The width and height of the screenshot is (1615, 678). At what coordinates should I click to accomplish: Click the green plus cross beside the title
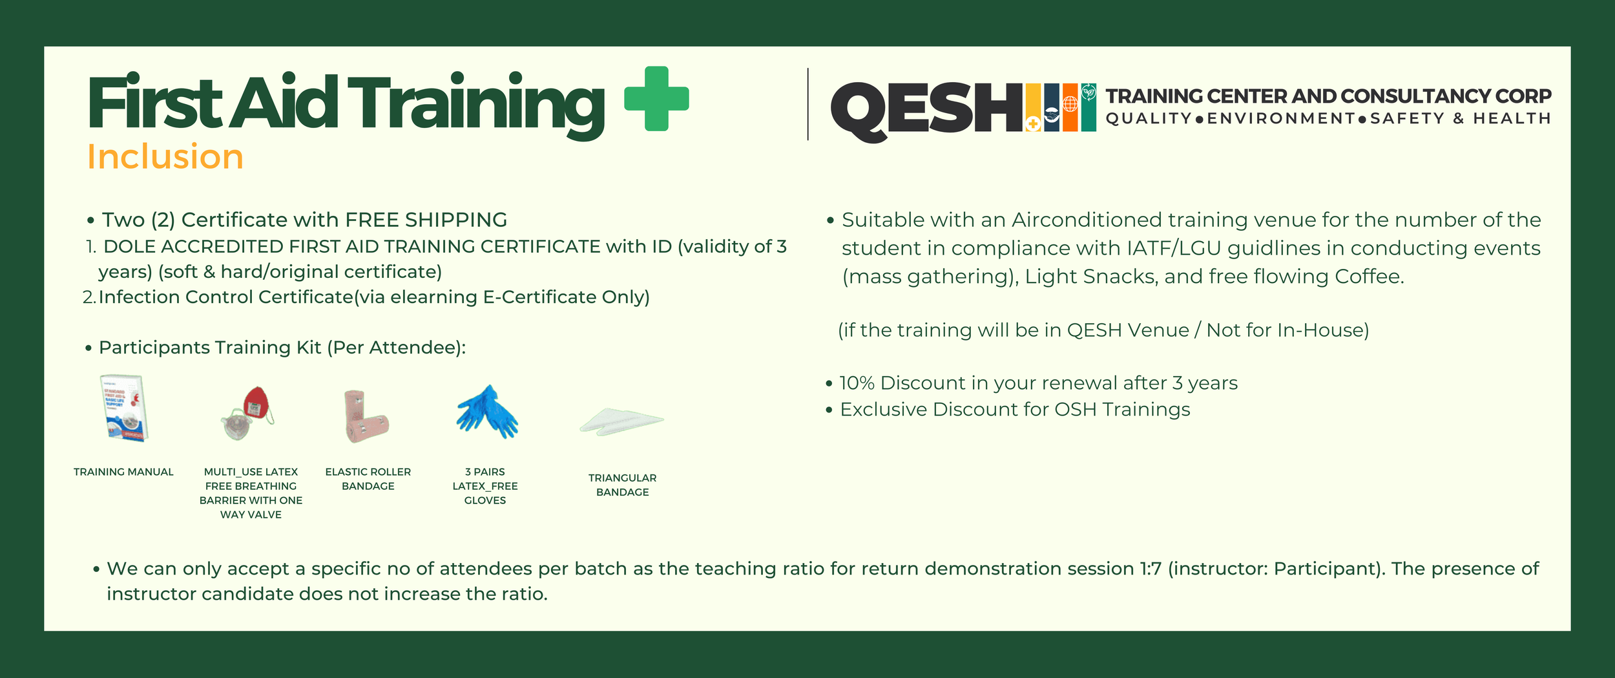coord(656,99)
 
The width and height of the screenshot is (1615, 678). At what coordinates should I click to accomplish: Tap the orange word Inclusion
coord(165,157)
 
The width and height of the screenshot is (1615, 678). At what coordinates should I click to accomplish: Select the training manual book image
coord(125,408)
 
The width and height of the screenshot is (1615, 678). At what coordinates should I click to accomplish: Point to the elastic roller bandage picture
coord(366,417)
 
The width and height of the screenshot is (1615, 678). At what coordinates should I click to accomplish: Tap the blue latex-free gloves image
coord(486,412)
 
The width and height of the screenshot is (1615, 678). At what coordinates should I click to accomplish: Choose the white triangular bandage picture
coord(621,421)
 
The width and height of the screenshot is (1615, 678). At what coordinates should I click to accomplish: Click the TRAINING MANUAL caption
coord(123,472)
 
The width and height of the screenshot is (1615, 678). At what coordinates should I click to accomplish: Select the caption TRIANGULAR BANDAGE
coord(622,485)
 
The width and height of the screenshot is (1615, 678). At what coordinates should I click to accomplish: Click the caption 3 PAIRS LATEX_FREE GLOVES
coord(485,486)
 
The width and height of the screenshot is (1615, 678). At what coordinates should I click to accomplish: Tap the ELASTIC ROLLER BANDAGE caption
coord(368,479)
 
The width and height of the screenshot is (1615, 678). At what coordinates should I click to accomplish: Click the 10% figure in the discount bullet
coord(857,383)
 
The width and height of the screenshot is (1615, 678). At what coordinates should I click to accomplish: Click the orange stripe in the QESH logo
coord(1070,107)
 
